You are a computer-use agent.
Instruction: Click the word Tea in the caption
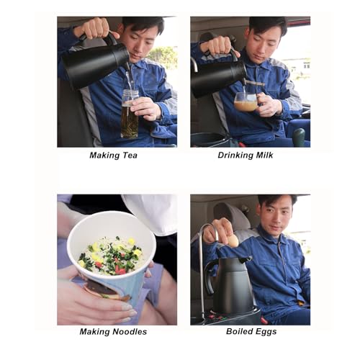130,156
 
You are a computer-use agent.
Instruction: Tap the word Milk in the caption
264,155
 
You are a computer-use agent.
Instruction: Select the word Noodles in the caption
130,332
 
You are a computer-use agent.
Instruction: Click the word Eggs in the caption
266,332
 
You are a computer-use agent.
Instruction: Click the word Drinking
235,156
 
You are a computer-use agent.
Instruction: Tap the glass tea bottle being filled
130,113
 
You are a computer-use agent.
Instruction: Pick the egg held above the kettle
233,240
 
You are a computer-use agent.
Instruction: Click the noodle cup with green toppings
112,254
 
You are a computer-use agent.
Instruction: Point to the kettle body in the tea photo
95,65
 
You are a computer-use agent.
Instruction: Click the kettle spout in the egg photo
245,260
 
